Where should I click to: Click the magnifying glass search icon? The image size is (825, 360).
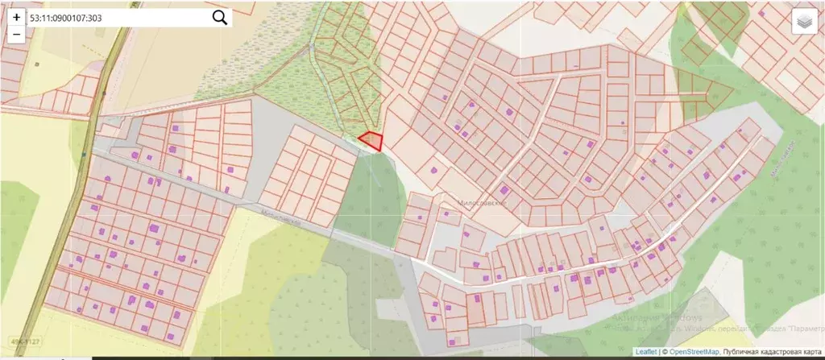219,18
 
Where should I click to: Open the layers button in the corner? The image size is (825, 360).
803,23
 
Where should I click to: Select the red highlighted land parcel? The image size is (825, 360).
371,141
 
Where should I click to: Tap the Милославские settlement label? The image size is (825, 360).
481,205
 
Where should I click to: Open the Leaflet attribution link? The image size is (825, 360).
645,352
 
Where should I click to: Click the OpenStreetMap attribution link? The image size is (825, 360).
690,352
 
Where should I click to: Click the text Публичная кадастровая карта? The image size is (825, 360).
771,352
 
